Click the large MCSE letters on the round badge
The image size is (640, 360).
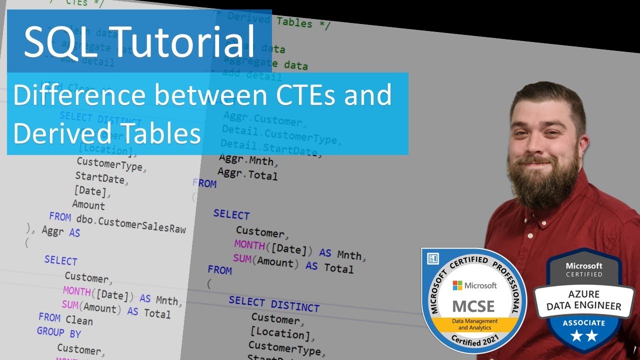[473, 305]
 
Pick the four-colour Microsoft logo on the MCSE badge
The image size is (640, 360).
[457, 285]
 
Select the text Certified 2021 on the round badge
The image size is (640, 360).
[473, 341]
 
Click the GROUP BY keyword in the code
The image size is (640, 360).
[59, 332]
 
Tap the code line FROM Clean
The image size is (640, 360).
[65, 318]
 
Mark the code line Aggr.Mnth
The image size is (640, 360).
[248, 160]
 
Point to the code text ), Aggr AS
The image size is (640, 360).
[53, 231]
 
